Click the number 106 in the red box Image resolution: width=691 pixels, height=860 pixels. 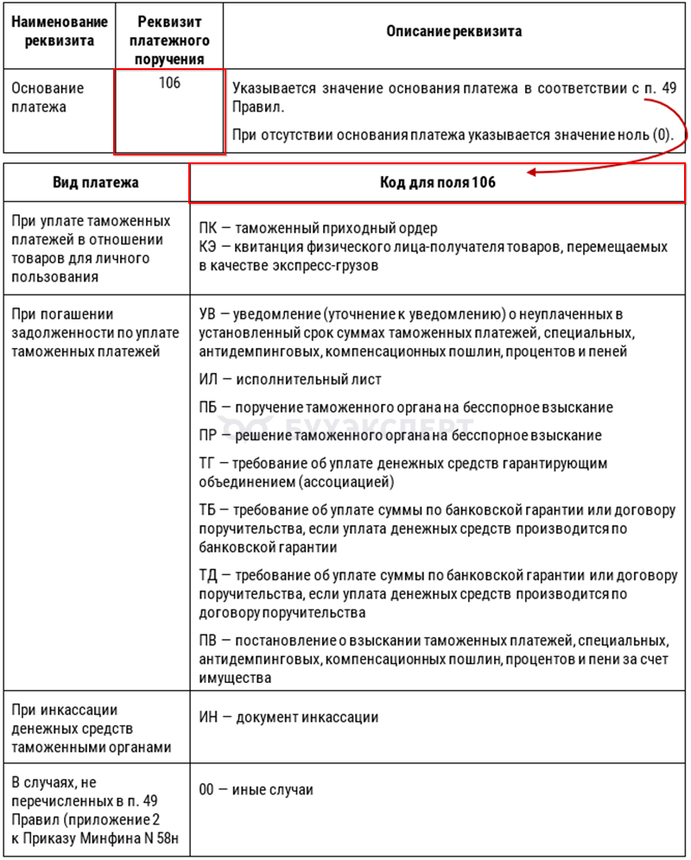click(x=170, y=84)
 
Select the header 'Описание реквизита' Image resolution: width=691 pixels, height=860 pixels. click(x=453, y=31)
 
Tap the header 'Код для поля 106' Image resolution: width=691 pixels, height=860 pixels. click(x=438, y=183)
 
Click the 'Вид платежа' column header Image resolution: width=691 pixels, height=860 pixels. click(x=96, y=183)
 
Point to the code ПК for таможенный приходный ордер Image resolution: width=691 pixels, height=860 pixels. click(x=207, y=229)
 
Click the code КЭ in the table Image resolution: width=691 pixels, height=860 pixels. click(x=207, y=247)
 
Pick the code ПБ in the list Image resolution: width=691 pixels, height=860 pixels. click(x=207, y=407)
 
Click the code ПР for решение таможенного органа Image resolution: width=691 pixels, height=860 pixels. click(x=207, y=435)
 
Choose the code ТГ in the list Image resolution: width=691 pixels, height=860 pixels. click(x=207, y=464)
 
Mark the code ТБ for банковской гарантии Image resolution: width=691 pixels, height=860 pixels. click(x=207, y=510)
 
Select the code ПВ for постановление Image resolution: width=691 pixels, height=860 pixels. click(x=207, y=640)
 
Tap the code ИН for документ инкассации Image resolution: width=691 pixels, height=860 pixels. click(x=208, y=717)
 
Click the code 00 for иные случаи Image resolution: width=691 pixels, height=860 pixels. click(x=207, y=790)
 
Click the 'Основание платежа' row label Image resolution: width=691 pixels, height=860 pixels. click(x=48, y=98)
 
